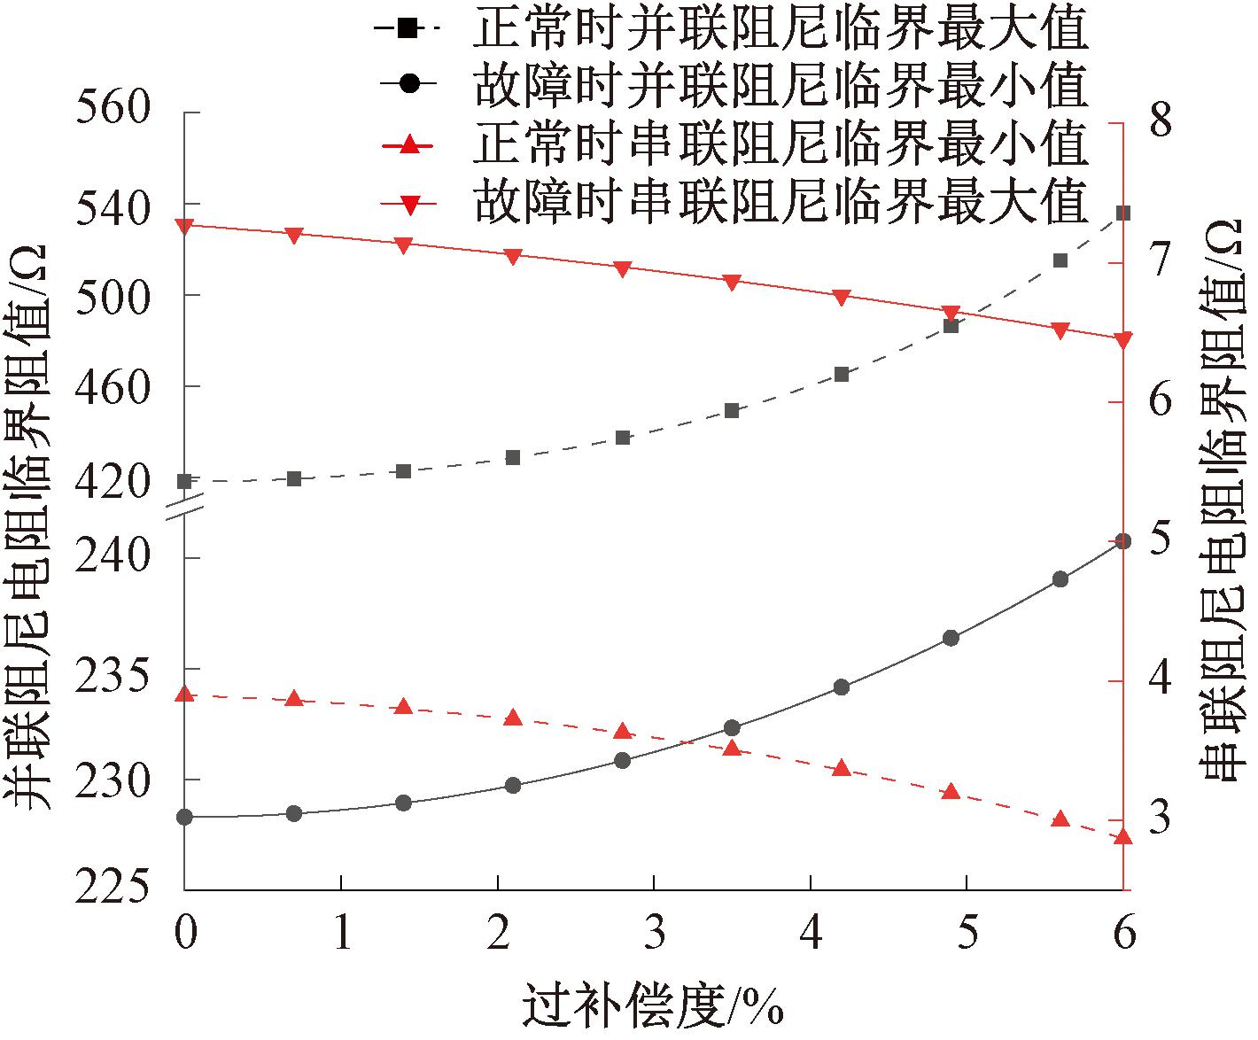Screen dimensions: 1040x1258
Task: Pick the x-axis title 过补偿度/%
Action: pyautogui.click(x=654, y=1006)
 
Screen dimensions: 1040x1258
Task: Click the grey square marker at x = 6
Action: pyautogui.click(x=1123, y=213)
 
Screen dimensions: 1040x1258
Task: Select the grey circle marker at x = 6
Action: pyautogui.click(x=1123, y=540)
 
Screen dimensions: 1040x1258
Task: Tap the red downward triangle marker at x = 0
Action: pyautogui.click(x=184, y=226)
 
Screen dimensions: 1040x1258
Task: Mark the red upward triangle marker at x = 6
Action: pyautogui.click(x=1123, y=836)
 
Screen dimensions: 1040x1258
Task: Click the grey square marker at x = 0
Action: pyautogui.click(x=184, y=481)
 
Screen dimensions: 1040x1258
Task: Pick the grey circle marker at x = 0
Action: pyautogui.click(x=184, y=817)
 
